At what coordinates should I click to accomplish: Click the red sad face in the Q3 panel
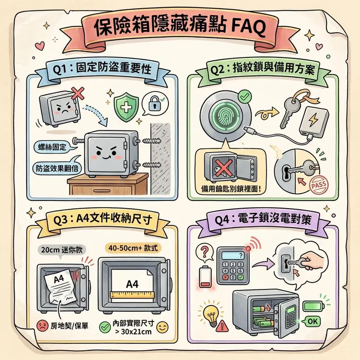[41, 325]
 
